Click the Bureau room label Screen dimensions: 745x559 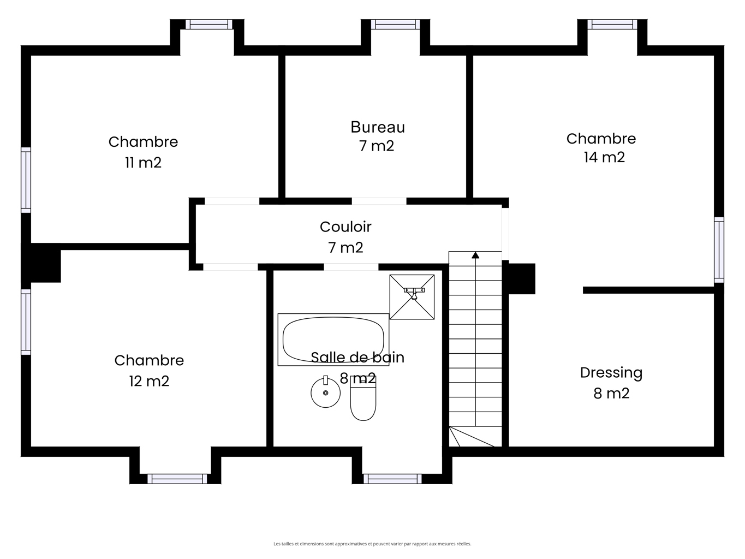[x=378, y=127]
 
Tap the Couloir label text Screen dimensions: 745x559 [x=345, y=227]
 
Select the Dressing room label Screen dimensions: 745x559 [x=611, y=373]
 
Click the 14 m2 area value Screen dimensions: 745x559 [x=604, y=157]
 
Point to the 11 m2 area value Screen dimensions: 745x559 [x=143, y=163]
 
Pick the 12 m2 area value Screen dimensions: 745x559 [x=149, y=381]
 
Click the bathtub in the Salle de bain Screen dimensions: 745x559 [x=333, y=340]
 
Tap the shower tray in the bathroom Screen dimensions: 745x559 [x=412, y=297]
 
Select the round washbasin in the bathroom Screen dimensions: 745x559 [x=325, y=393]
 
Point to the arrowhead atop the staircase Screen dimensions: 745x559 [x=475, y=255]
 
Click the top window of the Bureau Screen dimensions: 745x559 [x=395, y=25]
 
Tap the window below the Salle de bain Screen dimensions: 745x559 [x=393, y=479]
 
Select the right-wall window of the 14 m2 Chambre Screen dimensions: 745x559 [x=719, y=250]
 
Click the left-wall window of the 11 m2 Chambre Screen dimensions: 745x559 [x=26, y=180]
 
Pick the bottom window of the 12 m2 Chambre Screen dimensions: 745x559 [x=177, y=479]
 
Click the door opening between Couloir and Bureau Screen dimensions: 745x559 [x=379, y=201]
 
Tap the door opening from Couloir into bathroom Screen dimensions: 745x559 [x=351, y=267]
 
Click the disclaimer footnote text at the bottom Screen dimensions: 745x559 [x=372, y=544]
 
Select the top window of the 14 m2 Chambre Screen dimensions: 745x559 [x=612, y=25]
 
